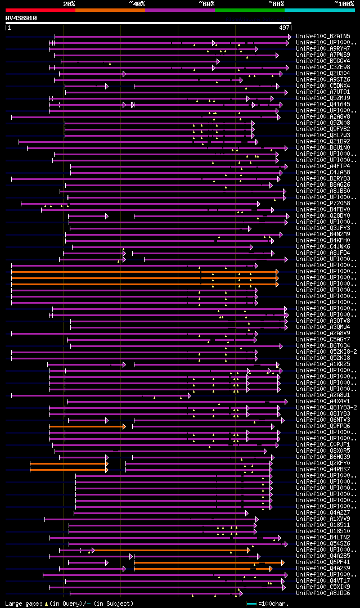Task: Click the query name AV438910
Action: click(x=21, y=18)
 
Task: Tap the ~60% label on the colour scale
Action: click(x=206, y=4)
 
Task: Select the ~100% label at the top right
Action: click(x=344, y=4)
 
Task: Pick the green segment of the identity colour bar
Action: click(x=249, y=10)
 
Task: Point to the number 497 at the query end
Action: click(x=284, y=28)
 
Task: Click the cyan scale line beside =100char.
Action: click(x=251, y=604)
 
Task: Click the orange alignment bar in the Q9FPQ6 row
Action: click(x=87, y=427)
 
